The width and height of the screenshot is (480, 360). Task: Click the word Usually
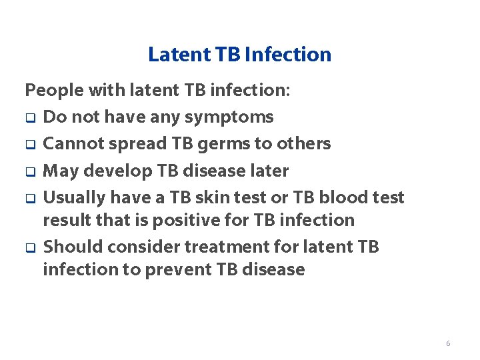click(74, 198)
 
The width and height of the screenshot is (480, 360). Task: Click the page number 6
click(447, 343)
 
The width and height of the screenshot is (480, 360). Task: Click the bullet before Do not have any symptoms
click(30, 119)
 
